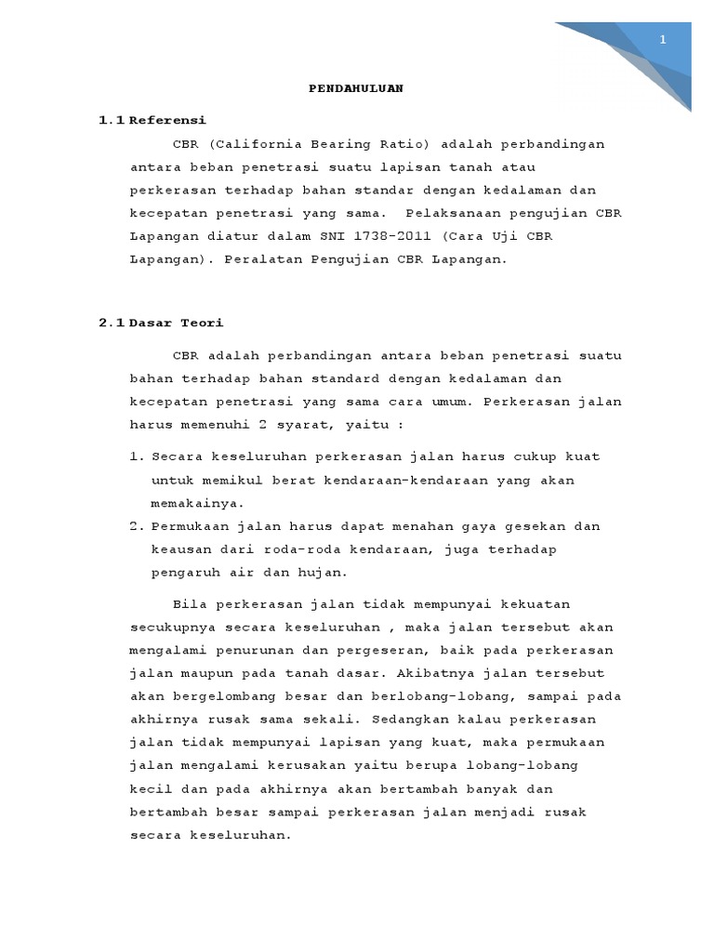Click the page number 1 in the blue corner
tap(663, 39)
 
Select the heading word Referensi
tap(167, 121)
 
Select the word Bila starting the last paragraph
tap(188, 604)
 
